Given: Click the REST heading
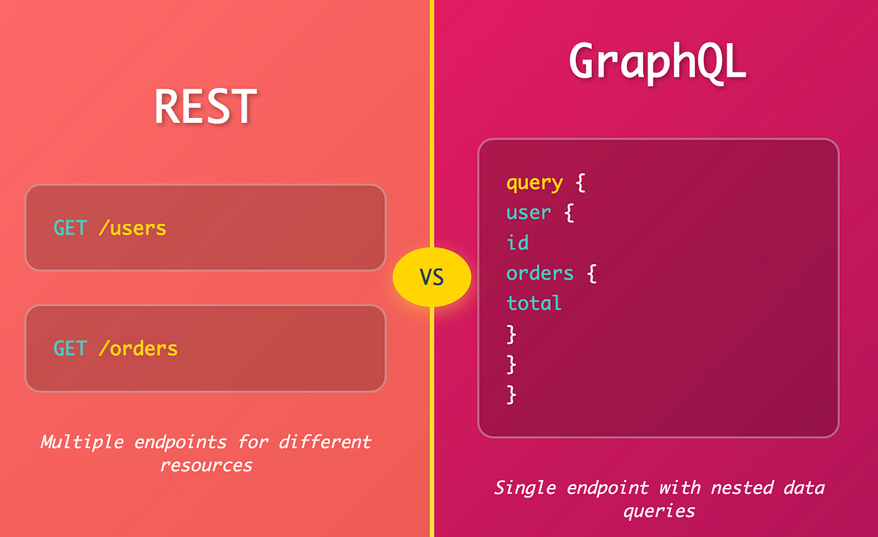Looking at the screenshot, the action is pyautogui.click(x=206, y=106).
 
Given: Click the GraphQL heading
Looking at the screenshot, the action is pyautogui.click(x=658, y=63).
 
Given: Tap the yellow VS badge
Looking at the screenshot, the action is pyautogui.click(x=432, y=277).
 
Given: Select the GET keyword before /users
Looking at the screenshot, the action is pyautogui.click(x=70, y=228).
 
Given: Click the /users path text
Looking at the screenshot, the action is pyautogui.click(x=132, y=228).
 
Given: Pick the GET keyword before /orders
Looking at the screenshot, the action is pyautogui.click(x=70, y=348).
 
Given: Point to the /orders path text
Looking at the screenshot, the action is pyautogui.click(x=138, y=348).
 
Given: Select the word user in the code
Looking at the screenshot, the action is pyautogui.click(x=528, y=213).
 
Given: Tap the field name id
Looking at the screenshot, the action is pyautogui.click(x=517, y=242).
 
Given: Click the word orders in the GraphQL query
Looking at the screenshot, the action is pyautogui.click(x=540, y=273).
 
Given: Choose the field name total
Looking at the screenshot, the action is pyautogui.click(x=534, y=303).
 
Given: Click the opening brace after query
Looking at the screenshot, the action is pyautogui.click(x=580, y=183).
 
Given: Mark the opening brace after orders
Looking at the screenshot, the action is pyautogui.click(x=592, y=274).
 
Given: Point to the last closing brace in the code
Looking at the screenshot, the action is pyautogui.click(x=511, y=394).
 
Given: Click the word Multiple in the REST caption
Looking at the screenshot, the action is pyautogui.click(x=82, y=442).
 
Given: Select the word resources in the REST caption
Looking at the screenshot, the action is pyautogui.click(x=206, y=465).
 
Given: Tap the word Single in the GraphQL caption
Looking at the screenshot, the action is pyautogui.click(x=525, y=489).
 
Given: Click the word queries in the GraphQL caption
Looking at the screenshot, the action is pyautogui.click(x=659, y=511).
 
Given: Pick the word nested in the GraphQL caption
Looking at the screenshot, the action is pyautogui.click(x=742, y=489).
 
